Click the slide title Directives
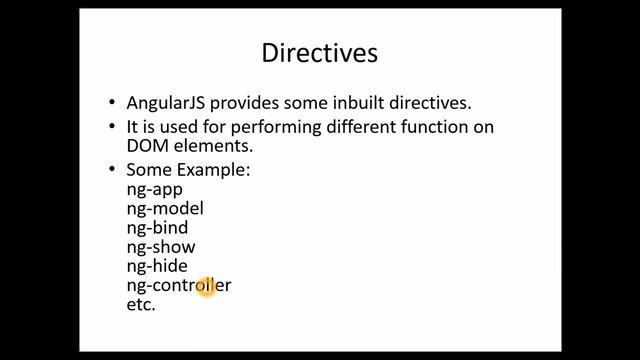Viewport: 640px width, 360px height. (320, 53)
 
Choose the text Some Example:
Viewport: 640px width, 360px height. (188, 170)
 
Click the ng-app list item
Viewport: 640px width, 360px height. (154, 189)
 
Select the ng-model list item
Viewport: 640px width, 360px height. (164, 208)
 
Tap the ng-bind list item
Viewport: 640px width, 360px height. (157, 227)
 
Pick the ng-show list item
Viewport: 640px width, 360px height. (160, 246)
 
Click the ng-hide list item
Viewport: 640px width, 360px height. (156, 266)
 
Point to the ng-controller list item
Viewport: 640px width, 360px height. (178, 285)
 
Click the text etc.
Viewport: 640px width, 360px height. (140, 304)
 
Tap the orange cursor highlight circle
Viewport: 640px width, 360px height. (207, 288)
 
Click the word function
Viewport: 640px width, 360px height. (432, 127)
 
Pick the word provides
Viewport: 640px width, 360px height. (250, 103)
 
